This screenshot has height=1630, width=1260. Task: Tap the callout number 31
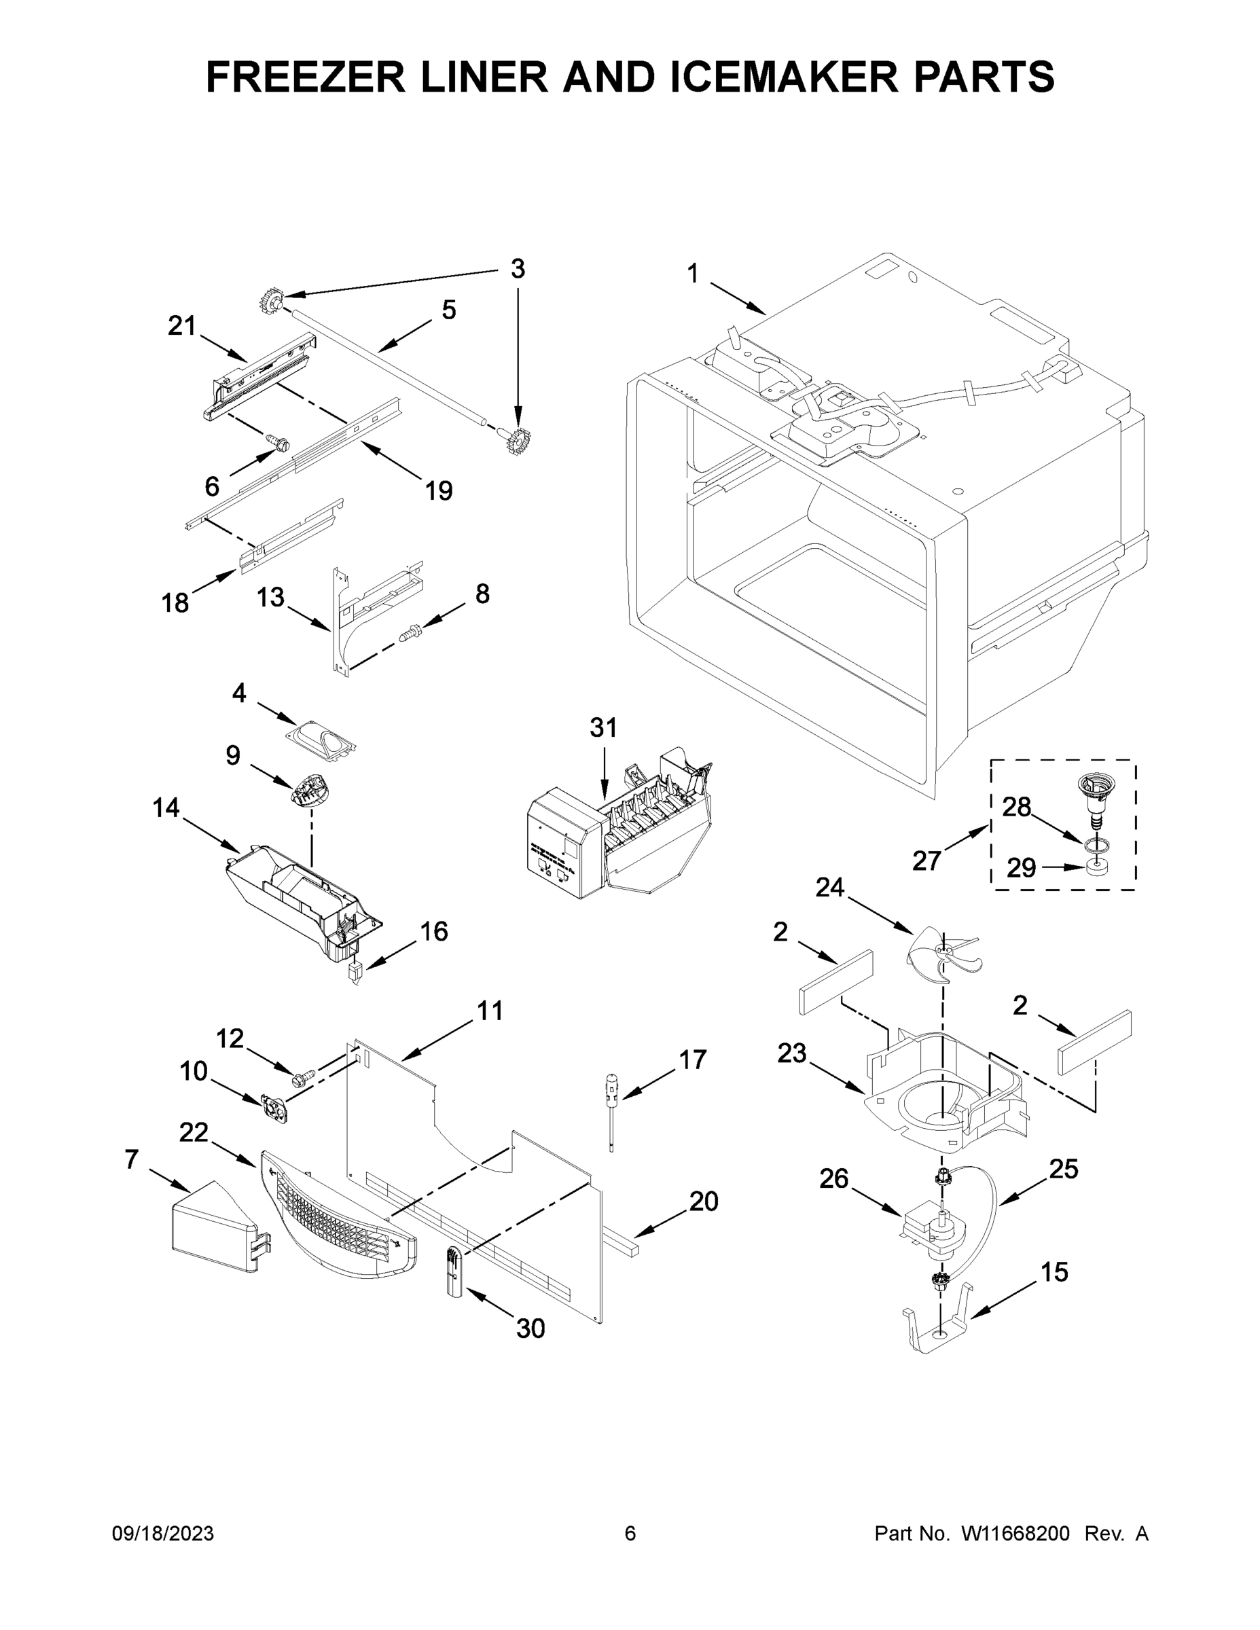click(x=603, y=727)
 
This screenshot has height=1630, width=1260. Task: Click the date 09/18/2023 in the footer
click(x=163, y=1533)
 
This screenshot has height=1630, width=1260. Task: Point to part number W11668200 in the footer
click(x=1015, y=1533)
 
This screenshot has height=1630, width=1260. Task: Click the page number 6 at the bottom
click(x=630, y=1533)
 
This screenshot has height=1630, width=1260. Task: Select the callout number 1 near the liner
click(x=693, y=274)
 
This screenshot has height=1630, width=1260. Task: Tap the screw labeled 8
click(x=410, y=634)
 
